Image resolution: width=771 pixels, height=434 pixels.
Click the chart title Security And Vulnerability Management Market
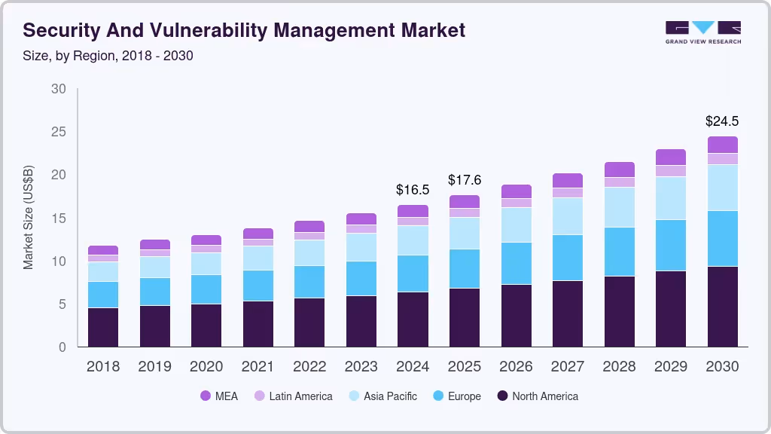[x=244, y=30]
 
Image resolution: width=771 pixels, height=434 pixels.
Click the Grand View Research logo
[x=702, y=32]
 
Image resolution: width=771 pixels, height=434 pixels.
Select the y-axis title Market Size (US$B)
[x=29, y=216]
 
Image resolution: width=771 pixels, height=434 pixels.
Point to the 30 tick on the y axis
[x=59, y=89]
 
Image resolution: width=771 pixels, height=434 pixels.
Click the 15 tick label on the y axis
[x=59, y=219]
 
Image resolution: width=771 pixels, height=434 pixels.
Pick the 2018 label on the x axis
[x=102, y=367]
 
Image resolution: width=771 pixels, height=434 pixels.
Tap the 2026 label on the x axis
[x=516, y=367]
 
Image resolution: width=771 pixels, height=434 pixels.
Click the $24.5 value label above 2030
[x=722, y=121]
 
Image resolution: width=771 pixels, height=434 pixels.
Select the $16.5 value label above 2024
[x=413, y=190]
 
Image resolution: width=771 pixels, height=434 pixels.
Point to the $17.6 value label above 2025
[x=465, y=180]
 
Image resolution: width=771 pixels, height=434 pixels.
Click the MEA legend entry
[x=218, y=396]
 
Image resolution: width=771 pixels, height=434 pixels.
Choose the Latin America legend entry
[x=293, y=396]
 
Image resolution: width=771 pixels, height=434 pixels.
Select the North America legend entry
[x=537, y=396]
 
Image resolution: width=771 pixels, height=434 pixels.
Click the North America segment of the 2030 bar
[x=722, y=307]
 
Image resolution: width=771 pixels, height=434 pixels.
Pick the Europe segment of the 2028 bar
[x=619, y=252]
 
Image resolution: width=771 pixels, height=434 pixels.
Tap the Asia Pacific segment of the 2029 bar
[x=670, y=198]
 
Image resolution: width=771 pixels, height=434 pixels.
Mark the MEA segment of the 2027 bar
[x=568, y=180]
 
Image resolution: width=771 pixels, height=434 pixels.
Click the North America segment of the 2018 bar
[x=102, y=327]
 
